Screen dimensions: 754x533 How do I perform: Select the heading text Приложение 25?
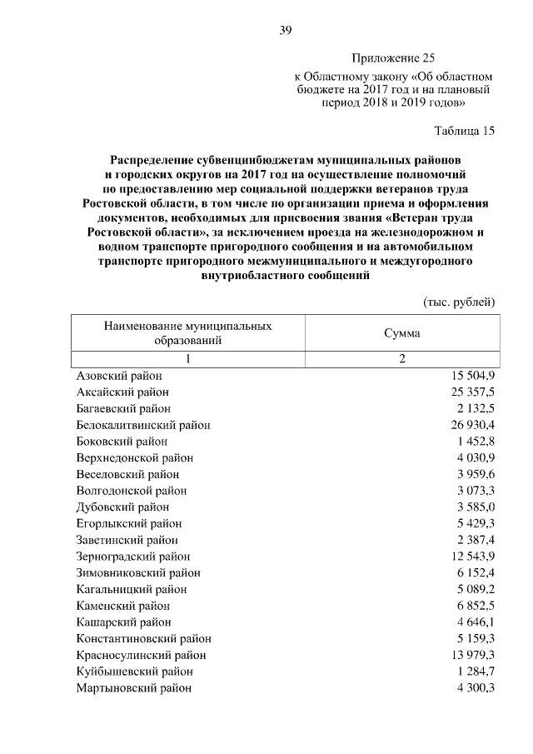[x=393, y=57]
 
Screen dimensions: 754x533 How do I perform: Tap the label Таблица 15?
[x=465, y=131]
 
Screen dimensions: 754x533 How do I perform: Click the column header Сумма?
[x=401, y=333]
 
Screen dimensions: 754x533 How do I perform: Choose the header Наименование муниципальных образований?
[x=187, y=333]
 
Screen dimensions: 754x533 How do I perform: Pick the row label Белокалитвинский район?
[x=142, y=425]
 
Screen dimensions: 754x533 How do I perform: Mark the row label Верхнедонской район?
[x=134, y=457]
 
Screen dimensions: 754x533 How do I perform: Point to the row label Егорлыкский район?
[x=128, y=523]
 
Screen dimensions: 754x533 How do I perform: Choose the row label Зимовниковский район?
[x=137, y=573]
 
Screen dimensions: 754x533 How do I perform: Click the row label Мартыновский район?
[x=133, y=688]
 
